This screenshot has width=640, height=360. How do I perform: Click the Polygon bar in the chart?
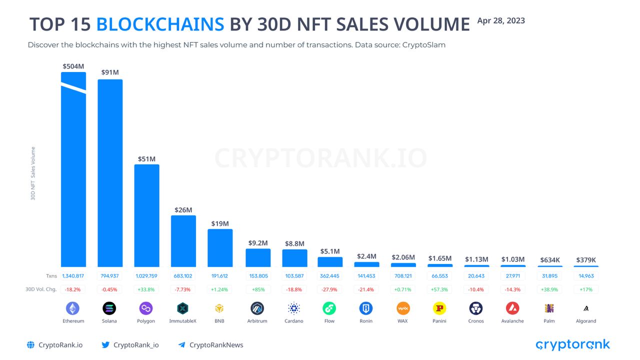click(x=146, y=215)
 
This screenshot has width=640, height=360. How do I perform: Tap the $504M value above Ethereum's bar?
click(x=73, y=66)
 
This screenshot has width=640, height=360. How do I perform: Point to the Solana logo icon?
click(x=109, y=308)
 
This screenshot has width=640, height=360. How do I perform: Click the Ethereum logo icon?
click(x=72, y=308)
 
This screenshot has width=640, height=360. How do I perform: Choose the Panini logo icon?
click(x=439, y=308)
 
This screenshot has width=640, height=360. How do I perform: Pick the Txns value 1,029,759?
click(x=146, y=275)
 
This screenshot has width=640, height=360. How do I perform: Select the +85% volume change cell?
click(x=257, y=289)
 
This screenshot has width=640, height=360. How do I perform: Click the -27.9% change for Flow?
click(x=330, y=289)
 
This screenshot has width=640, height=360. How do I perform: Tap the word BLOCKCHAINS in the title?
click(x=160, y=24)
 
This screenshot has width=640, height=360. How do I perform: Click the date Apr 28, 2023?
click(x=501, y=20)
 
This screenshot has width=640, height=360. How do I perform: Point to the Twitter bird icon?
click(x=105, y=344)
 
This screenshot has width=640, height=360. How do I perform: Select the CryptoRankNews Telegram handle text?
click(x=216, y=344)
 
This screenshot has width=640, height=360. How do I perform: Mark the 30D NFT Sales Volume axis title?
click(x=33, y=173)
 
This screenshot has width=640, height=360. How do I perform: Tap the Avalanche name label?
click(x=512, y=321)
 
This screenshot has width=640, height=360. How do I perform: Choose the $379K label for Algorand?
click(x=585, y=259)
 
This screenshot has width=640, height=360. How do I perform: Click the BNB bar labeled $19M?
click(x=220, y=247)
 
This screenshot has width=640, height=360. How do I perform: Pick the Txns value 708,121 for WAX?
click(x=403, y=275)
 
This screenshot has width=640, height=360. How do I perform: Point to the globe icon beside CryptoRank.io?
click(x=30, y=344)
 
